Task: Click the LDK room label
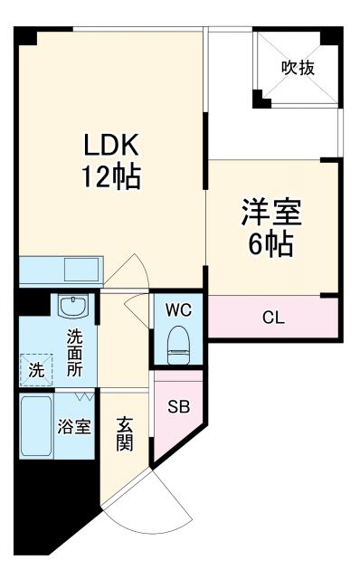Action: tap(111, 145)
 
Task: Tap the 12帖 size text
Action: tap(111, 176)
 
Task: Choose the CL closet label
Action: tap(272, 317)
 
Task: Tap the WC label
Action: tap(178, 309)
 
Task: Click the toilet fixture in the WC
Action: tap(178, 342)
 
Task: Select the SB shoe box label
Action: tap(176, 405)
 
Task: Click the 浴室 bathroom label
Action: tap(75, 426)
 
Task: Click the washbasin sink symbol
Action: tap(71, 307)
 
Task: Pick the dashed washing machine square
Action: tap(37, 368)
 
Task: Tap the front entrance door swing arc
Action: tap(168, 502)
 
